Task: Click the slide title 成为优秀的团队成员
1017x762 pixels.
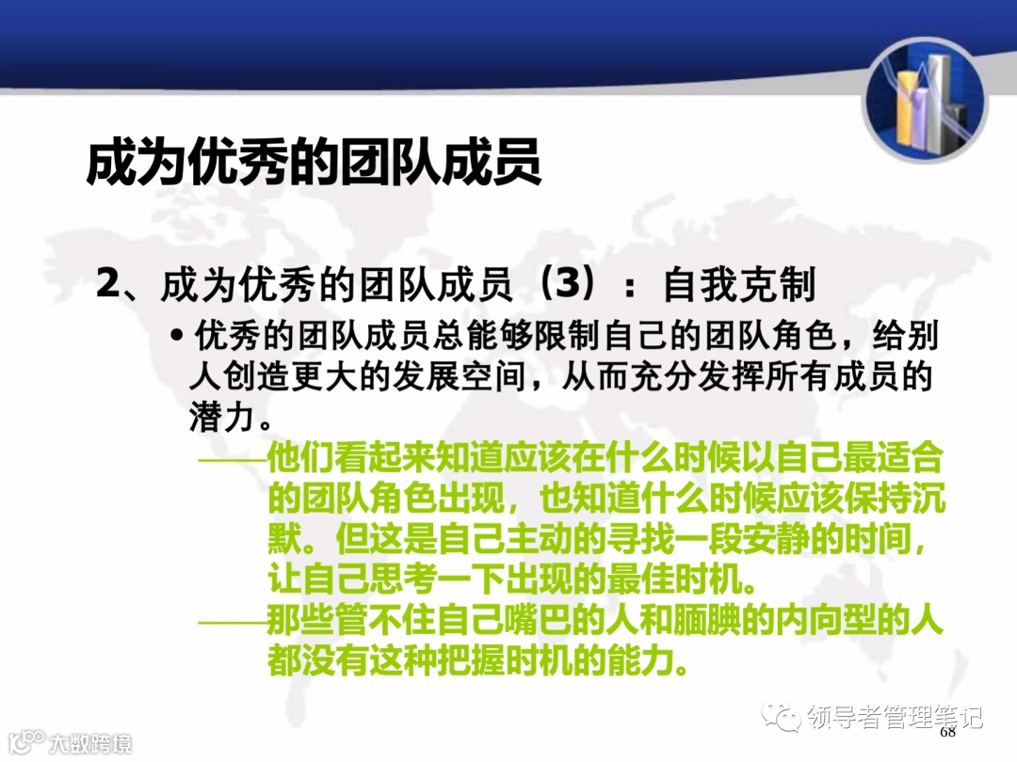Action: point(314,163)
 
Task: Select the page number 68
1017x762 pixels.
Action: point(946,732)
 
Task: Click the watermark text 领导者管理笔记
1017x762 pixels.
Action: point(896,718)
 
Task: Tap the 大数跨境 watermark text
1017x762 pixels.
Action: point(90,742)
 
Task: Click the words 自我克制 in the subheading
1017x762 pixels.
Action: point(739,285)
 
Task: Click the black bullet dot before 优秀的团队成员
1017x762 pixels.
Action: point(176,336)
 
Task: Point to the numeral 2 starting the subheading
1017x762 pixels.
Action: point(108,285)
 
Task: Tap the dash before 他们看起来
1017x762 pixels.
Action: point(232,460)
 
